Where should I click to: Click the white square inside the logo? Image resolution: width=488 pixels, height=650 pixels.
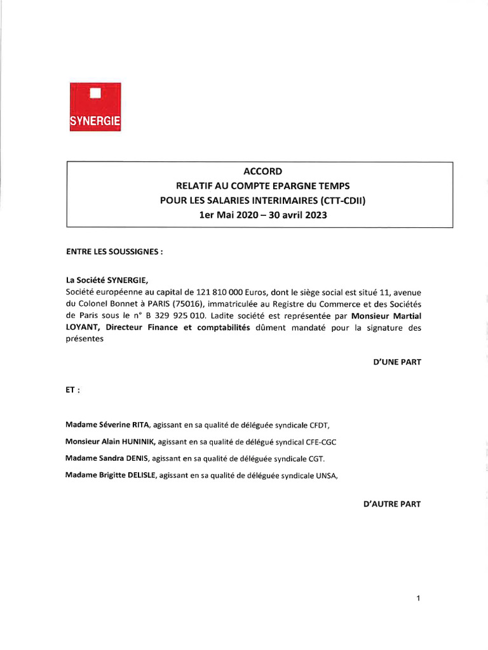tap(95, 94)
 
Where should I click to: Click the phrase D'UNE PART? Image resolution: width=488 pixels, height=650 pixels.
tap(397, 362)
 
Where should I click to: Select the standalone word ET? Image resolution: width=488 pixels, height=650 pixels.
tap(72, 391)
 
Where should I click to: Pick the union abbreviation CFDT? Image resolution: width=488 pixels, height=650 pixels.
tap(318, 424)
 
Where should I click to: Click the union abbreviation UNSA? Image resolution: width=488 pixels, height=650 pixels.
tap(317, 475)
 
